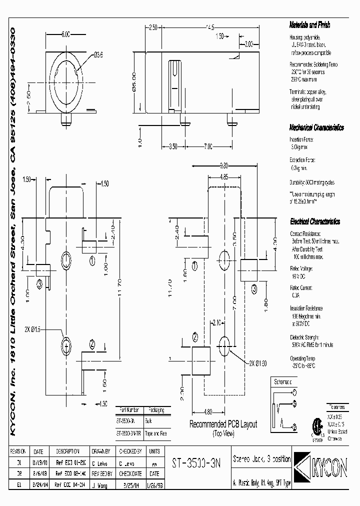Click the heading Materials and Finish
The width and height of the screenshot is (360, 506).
[x=309, y=25]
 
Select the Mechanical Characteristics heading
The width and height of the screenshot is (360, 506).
[x=316, y=127]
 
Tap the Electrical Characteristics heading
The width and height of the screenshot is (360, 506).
[x=315, y=221]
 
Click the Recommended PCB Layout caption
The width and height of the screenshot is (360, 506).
[x=222, y=424]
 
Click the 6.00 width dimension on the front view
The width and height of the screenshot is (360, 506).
[x=66, y=34]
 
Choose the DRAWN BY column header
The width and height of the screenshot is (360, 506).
[x=103, y=450]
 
